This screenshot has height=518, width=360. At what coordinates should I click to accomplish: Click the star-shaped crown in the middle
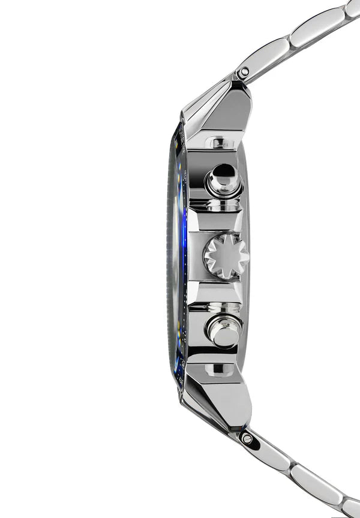coord(226,256)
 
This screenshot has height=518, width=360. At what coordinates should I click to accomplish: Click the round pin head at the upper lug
coord(243,73)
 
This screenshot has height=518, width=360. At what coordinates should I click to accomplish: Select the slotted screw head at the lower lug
coord(247,438)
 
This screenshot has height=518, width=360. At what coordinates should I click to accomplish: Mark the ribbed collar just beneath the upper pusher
coord(217,205)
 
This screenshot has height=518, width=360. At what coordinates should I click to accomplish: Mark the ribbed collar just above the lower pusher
coord(217,307)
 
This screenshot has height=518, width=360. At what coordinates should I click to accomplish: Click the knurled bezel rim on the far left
coord(169,258)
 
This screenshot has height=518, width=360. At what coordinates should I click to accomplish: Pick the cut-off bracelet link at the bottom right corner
coord(352,509)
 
